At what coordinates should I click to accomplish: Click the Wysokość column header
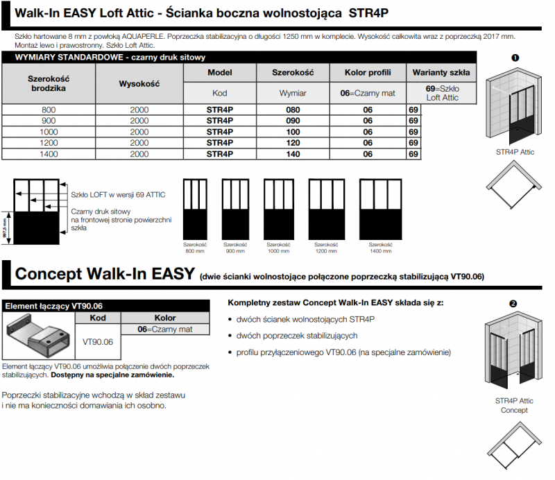139,83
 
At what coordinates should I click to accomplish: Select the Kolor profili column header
368,73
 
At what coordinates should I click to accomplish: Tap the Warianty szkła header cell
441,73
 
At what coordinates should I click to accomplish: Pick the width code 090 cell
293,121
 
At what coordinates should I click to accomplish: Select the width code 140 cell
293,154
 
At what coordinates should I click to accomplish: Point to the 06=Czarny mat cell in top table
368,93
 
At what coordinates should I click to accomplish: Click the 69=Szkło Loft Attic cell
441,93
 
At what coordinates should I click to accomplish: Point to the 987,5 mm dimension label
6,225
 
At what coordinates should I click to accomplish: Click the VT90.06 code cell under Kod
98,341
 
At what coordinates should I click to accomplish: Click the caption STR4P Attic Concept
514,405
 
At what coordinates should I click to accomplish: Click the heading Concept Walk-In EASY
104,274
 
